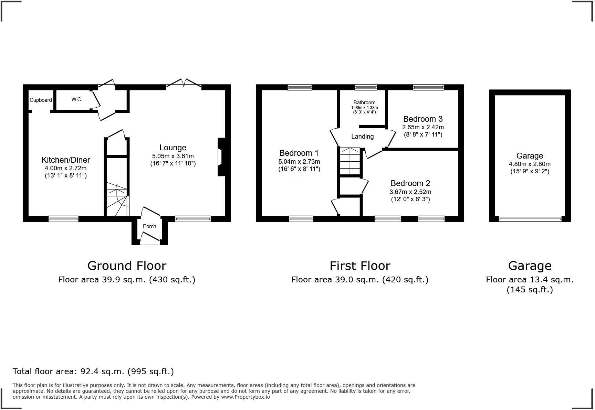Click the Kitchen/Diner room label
click(65, 160)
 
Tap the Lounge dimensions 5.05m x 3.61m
click(173, 156)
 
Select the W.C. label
click(77, 99)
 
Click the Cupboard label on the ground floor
click(41, 100)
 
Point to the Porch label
click(149, 226)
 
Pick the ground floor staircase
click(117, 199)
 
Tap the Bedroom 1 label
click(299, 153)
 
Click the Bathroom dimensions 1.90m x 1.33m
click(364, 108)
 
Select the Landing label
click(362, 137)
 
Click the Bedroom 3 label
click(423, 119)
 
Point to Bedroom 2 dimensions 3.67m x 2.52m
click(410, 192)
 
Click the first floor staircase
click(350, 161)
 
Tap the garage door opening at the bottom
click(530, 219)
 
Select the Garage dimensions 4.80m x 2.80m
click(530, 164)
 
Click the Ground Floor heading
click(127, 266)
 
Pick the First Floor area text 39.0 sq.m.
click(359, 280)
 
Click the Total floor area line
click(93, 371)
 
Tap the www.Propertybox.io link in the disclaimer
click(245, 397)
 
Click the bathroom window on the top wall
click(366, 87)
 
